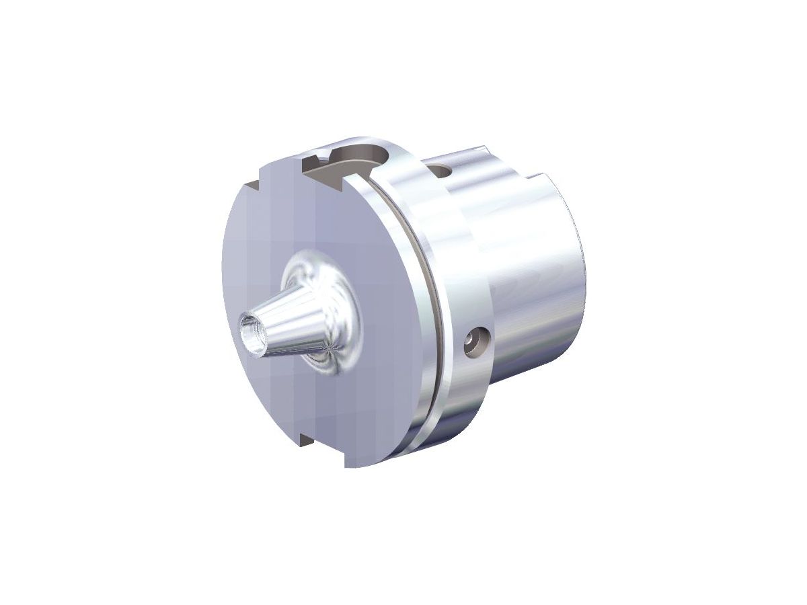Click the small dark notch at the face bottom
(x=305, y=440)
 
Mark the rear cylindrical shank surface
(x=538, y=282)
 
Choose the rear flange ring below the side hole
(x=464, y=403)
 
